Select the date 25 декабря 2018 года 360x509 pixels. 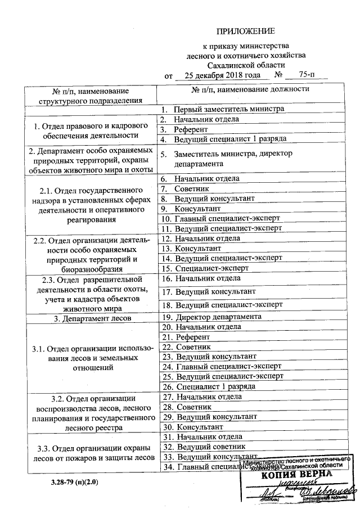pyautogui.click(x=222, y=75)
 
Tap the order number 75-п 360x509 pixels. pyautogui.click(x=306, y=75)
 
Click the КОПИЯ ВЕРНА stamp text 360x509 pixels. pyautogui.click(x=297, y=474)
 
